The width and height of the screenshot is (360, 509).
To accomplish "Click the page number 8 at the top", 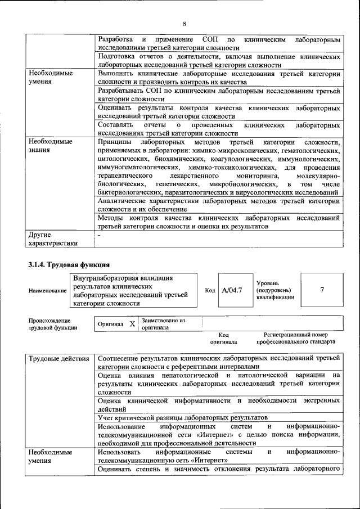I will (184, 23).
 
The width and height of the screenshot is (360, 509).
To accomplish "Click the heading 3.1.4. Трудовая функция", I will (69, 264).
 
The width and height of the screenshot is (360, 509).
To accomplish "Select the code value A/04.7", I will (232, 290).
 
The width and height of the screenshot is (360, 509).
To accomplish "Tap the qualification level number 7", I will (322, 290).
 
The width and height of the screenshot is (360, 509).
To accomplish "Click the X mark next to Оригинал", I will (132, 325).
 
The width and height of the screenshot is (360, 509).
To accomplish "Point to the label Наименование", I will (47, 290).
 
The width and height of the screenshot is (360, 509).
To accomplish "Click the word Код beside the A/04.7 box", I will (210, 290).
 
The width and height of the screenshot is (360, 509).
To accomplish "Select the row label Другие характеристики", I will (53, 240).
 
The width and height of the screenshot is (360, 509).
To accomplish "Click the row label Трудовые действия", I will (58, 358).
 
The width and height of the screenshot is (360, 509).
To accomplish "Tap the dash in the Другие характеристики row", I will (99, 236).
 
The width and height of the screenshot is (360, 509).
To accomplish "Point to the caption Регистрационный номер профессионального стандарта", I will (295, 337).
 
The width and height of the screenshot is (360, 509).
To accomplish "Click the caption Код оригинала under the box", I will (223, 337).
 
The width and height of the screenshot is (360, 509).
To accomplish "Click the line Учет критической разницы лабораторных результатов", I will (182, 417).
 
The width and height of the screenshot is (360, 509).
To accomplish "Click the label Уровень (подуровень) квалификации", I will (275, 290).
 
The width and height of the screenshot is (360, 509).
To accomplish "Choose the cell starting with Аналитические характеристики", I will (218, 205).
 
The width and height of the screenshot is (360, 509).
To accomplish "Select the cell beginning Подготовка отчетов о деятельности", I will (218, 61).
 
